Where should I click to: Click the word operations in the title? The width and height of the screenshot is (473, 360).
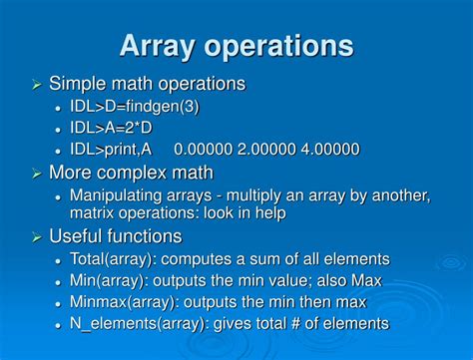pyautogui.click(x=282, y=47)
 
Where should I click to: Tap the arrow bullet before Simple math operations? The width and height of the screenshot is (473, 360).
pyautogui.click(x=37, y=85)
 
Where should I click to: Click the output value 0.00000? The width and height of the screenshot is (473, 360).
pyautogui.click(x=203, y=150)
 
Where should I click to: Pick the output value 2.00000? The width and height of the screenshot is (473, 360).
pyautogui.click(x=266, y=150)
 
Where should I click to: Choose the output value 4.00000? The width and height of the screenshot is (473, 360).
pyautogui.click(x=330, y=150)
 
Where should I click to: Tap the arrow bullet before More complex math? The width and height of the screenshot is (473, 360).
pyautogui.click(x=37, y=173)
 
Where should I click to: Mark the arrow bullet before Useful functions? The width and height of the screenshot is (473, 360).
pyautogui.click(x=37, y=236)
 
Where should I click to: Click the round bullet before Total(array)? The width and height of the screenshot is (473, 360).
pyautogui.click(x=59, y=259)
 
